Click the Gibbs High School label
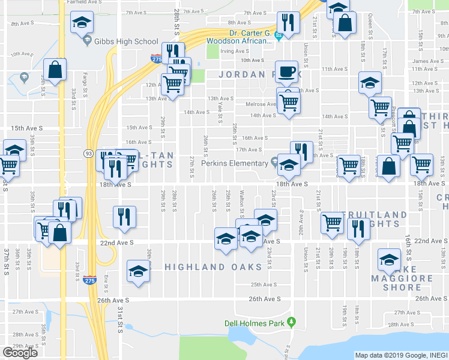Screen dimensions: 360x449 click(x=129, y=41)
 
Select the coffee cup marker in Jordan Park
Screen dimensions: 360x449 click(x=287, y=71)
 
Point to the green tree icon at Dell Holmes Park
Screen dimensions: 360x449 click(x=292, y=323)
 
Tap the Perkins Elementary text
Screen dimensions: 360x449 click(x=234, y=163)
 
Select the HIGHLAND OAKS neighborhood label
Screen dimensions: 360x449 click(x=214, y=267)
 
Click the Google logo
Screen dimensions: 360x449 click(x=20, y=353)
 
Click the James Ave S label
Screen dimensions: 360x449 click(x=428, y=61)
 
